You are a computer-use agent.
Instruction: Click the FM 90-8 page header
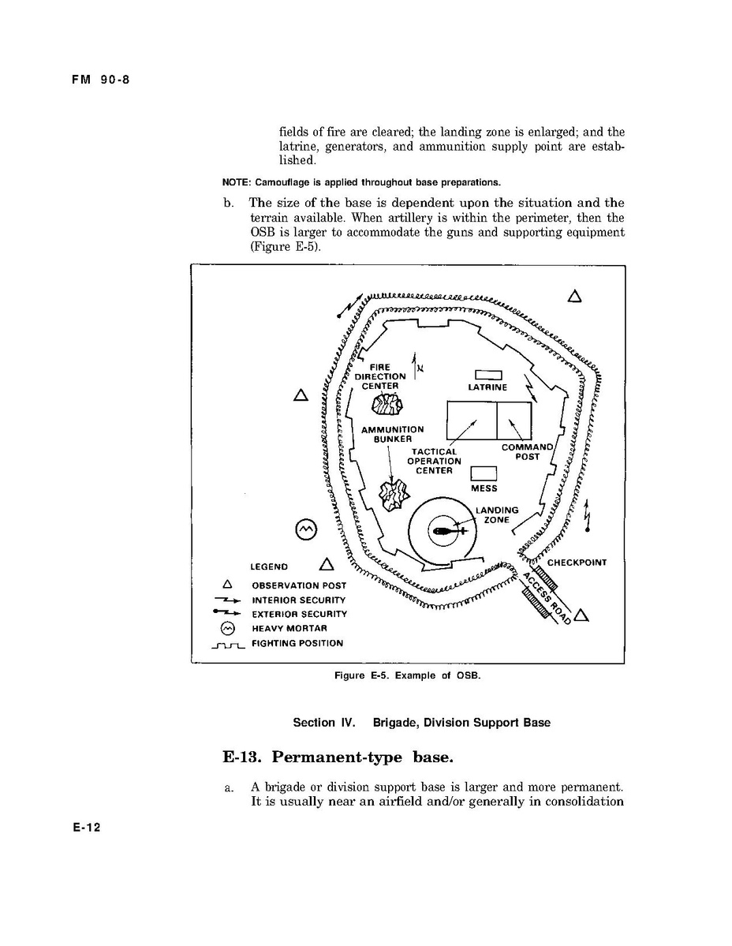click(98, 79)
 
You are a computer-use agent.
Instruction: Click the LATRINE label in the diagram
click(487, 387)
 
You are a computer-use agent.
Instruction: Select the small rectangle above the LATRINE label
click(487, 375)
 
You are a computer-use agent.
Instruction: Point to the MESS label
click(484, 488)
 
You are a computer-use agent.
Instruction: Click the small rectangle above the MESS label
click(484, 473)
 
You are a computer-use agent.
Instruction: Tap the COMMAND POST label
click(528, 452)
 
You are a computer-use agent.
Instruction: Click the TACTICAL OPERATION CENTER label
click(434, 462)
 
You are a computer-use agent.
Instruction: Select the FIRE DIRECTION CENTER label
click(380, 376)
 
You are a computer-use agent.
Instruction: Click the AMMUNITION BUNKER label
click(392, 434)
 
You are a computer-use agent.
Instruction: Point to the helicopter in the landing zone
click(444, 531)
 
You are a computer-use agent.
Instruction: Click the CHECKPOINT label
click(577, 563)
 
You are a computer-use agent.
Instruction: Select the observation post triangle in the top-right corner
click(574, 297)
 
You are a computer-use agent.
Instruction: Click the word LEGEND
click(269, 566)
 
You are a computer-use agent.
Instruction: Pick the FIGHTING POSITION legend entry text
click(297, 643)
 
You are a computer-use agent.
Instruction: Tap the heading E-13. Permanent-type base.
click(338, 757)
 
